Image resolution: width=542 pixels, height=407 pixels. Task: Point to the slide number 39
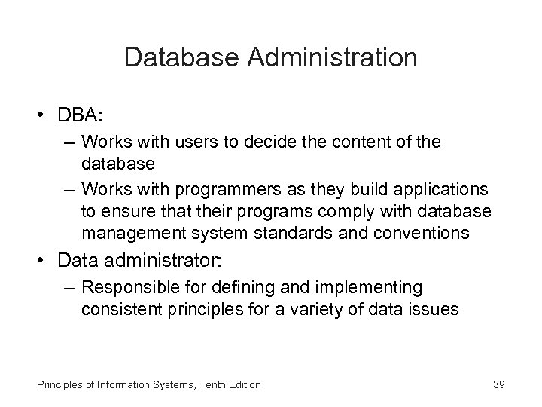[x=498, y=384]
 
